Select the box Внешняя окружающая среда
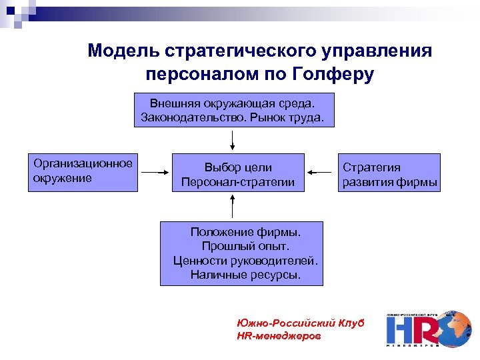tap(232, 111)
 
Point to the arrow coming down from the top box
tap(232, 139)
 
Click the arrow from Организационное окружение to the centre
tap(155, 172)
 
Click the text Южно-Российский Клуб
tap(300, 323)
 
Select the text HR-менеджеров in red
tap(279, 336)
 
